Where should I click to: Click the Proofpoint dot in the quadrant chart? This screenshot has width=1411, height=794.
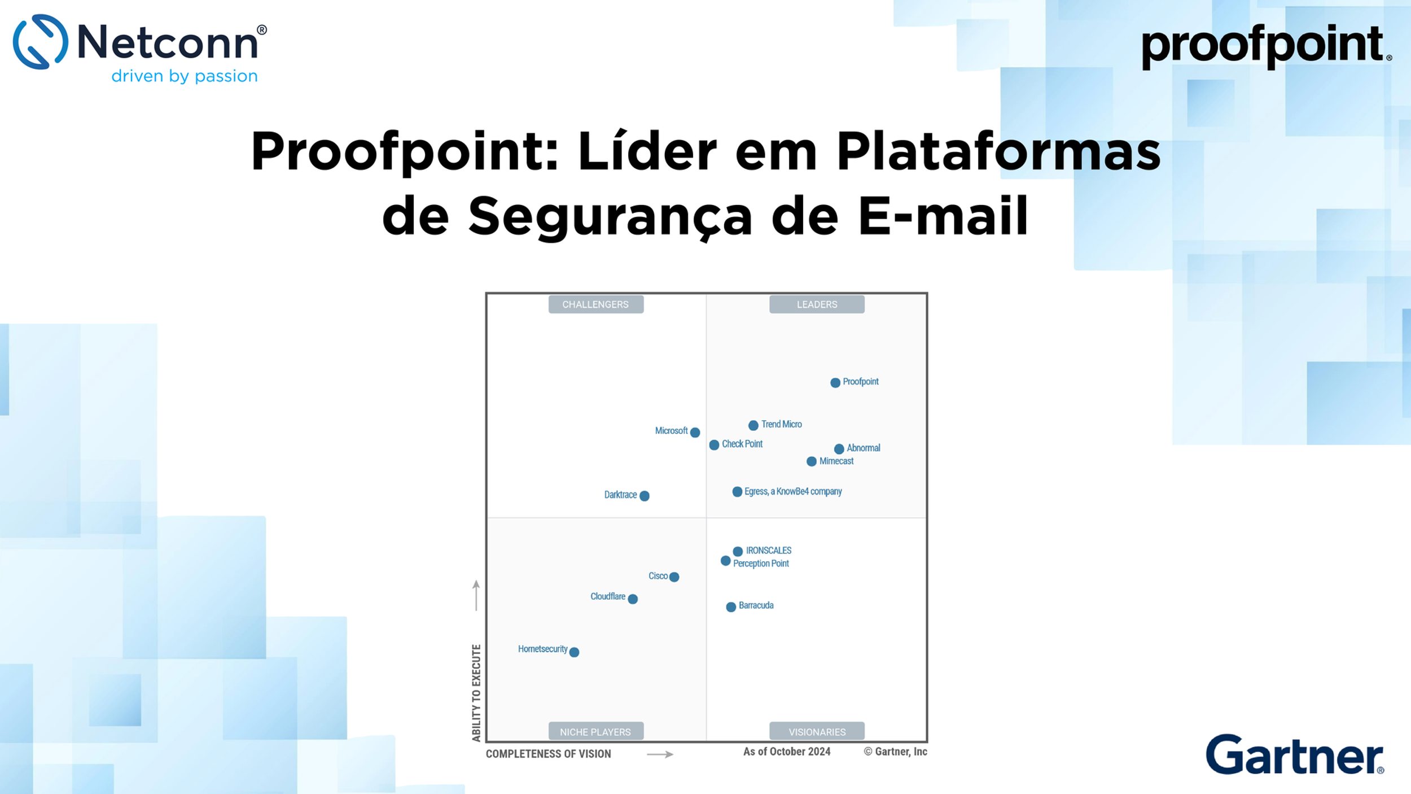pyautogui.click(x=835, y=383)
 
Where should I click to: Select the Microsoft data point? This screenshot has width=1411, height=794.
pyautogui.click(x=695, y=433)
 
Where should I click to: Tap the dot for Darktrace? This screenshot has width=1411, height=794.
pyautogui.click(x=645, y=496)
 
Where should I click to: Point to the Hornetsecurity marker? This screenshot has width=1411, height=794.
pyautogui.click(x=575, y=652)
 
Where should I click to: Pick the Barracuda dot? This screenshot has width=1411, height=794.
pyautogui.click(x=731, y=607)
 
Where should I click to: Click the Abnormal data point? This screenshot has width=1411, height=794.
pyautogui.click(x=839, y=449)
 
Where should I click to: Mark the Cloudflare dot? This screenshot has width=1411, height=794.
pyautogui.click(x=633, y=599)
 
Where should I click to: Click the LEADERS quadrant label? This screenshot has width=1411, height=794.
pyautogui.click(x=817, y=304)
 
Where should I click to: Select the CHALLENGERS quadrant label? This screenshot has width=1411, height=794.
pyautogui.click(x=595, y=304)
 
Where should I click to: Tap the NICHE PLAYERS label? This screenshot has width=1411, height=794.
pyautogui.click(x=595, y=732)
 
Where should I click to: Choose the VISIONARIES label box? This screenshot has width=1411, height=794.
pyautogui.click(x=817, y=732)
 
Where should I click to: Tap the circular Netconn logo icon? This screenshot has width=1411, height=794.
pyautogui.click(x=41, y=42)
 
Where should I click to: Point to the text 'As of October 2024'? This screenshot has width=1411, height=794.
pyautogui.click(x=787, y=752)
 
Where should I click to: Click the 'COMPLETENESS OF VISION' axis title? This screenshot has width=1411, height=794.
pyautogui.click(x=548, y=754)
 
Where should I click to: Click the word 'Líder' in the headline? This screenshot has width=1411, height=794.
pyautogui.click(x=647, y=151)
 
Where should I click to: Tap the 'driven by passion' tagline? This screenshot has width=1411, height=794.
pyautogui.click(x=185, y=76)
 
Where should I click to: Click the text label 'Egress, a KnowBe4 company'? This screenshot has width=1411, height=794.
pyautogui.click(x=793, y=491)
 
